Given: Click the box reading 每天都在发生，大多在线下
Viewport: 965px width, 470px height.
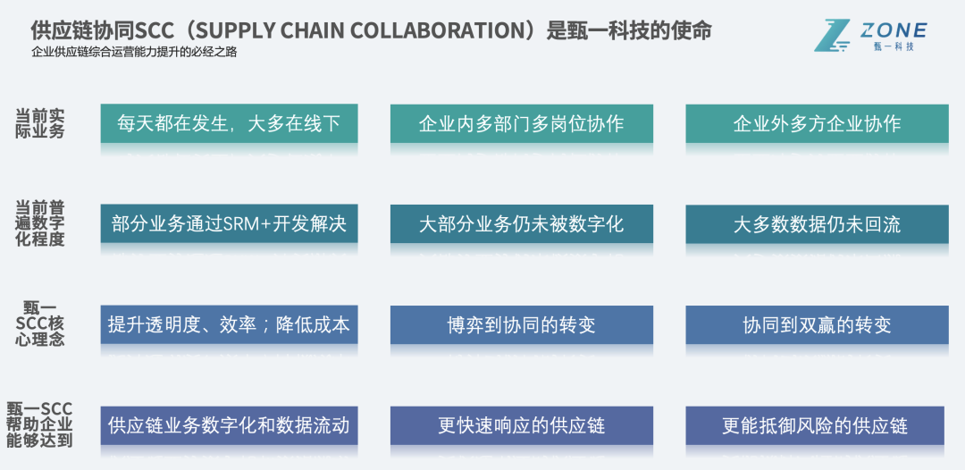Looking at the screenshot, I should (x=229, y=123).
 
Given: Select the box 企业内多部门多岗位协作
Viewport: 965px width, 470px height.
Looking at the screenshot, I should (x=522, y=123).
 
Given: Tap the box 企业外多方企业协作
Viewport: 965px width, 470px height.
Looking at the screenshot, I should (x=817, y=123).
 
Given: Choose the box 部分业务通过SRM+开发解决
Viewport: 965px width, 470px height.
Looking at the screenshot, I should (x=229, y=223).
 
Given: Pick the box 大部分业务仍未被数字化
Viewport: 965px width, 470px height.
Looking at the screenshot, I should (x=522, y=223).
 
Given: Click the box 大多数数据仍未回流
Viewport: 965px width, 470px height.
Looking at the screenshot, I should (x=817, y=223).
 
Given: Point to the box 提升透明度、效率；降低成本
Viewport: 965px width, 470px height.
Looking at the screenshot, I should (x=229, y=324).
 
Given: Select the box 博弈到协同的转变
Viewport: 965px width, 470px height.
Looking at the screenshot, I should (x=522, y=324).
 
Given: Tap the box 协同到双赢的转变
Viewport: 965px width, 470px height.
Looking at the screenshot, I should (x=817, y=324).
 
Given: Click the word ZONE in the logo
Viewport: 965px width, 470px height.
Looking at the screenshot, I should (x=894, y=31).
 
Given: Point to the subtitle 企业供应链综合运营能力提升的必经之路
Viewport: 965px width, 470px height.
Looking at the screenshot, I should (x=134, y=52).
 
